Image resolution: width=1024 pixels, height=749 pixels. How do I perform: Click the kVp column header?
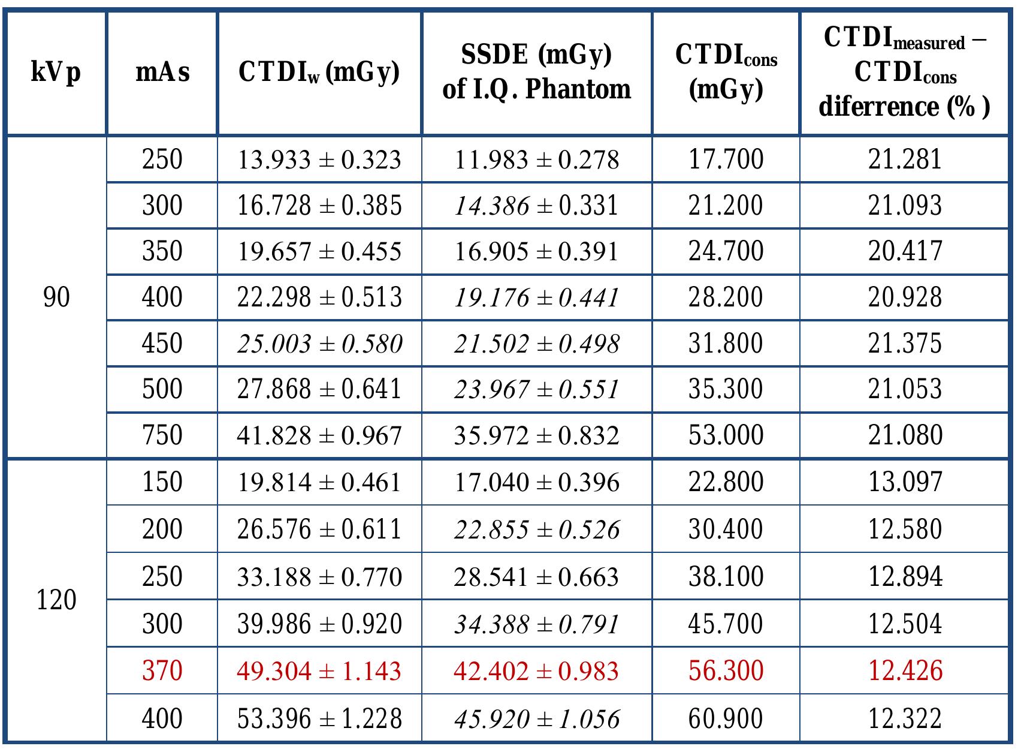click(x=56, y=73)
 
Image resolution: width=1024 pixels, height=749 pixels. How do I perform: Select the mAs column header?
click(x=162, y=73)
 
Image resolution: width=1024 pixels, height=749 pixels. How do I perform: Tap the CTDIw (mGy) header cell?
click(x=319, y=73)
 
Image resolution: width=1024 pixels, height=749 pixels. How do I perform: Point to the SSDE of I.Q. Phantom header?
click(x=536, y=73)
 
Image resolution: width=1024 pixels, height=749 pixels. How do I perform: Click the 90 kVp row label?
click(x=56, y=297)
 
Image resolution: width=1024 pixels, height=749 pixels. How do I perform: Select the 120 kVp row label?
click(x=56, y=600)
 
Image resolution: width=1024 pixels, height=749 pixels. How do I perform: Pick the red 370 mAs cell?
click(x=162, y=670)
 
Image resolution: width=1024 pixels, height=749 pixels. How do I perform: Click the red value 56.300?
click(x=726, y=670)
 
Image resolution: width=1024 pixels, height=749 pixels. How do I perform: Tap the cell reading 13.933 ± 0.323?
click(x=319, y=160)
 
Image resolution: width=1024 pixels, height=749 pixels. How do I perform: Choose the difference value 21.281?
click(x=905, y=160)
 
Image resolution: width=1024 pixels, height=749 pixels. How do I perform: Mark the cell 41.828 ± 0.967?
click(x=319, y=435)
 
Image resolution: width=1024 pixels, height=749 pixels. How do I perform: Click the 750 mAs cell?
click(x=162, y=435)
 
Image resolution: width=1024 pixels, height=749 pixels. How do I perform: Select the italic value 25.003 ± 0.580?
click(x=319, y=344)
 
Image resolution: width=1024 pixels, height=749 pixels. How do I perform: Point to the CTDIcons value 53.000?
click(x=726, y=435)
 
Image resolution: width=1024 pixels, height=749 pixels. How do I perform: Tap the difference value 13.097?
click(x=905, y=482)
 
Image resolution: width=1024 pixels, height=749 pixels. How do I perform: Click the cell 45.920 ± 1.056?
click(x=536, y=718)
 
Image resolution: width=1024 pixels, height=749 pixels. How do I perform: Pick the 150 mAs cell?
click(x=162, y=482)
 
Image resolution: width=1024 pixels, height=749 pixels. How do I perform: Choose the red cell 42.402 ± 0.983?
click(x=536, y=670)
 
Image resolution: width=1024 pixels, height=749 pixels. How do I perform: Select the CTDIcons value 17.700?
click(x=726, y=160)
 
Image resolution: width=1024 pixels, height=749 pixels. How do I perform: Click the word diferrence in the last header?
click(x=878, y=107)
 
